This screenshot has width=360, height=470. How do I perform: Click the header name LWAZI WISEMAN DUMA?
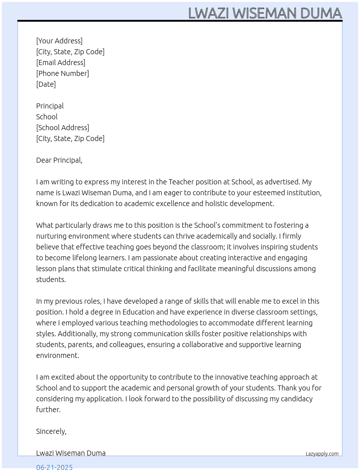coord(265,13)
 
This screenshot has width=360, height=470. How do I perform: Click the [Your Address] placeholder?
coord(59,41)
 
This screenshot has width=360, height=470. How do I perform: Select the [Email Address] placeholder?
coord(61,63)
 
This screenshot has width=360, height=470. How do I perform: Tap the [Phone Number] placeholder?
coord(63,73)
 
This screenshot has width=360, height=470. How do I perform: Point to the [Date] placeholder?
coord(46,84)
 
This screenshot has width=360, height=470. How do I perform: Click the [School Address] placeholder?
coord(63,128)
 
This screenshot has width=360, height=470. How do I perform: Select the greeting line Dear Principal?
coord(59,160)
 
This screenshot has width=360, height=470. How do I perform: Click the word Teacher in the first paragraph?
coord(181,182)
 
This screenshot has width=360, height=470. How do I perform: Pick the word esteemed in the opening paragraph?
coord(253,193)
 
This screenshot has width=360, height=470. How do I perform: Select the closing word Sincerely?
coord(51,431)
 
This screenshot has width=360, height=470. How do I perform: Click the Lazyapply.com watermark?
coord(322,454)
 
